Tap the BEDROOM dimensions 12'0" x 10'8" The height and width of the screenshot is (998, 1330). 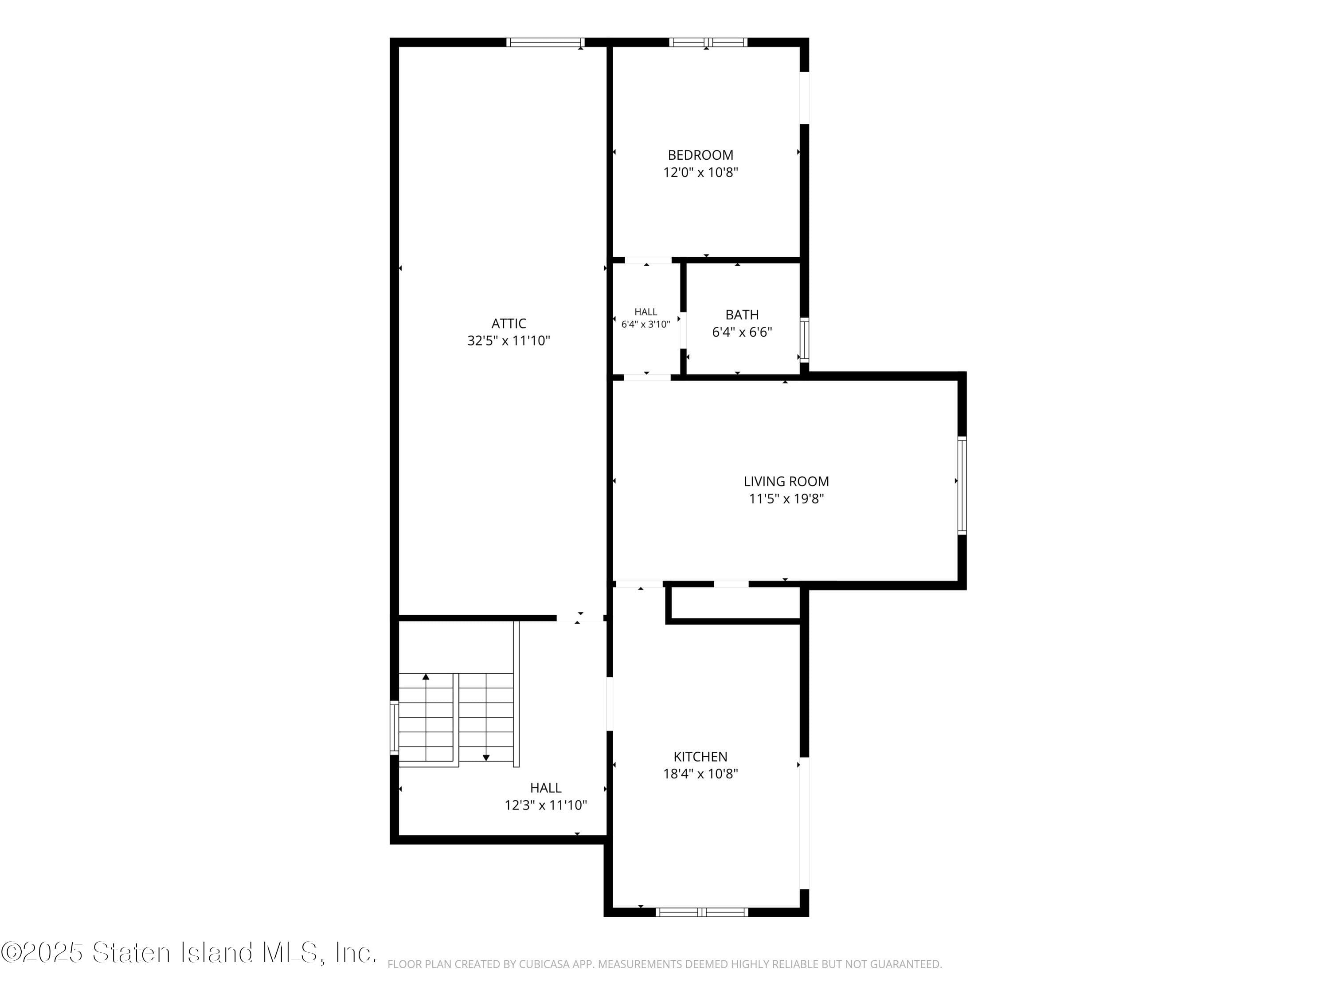coord(700,173)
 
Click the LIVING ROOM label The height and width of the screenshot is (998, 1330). coord(786,481)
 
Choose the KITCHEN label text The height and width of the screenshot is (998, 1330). coord(700,756)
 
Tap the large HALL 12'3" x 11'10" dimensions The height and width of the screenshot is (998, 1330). coord(545,805)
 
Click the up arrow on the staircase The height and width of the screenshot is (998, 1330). coord(426,677)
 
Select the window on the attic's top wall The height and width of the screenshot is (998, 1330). coord(545,42)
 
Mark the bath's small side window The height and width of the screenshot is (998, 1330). coord(804,340)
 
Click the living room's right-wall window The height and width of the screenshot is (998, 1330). coord(962,485)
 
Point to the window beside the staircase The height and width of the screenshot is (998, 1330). coord(395,727)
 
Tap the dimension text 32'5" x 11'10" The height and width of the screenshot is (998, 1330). coord(508,341)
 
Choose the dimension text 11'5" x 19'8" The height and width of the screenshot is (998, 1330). coord(786,499)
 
